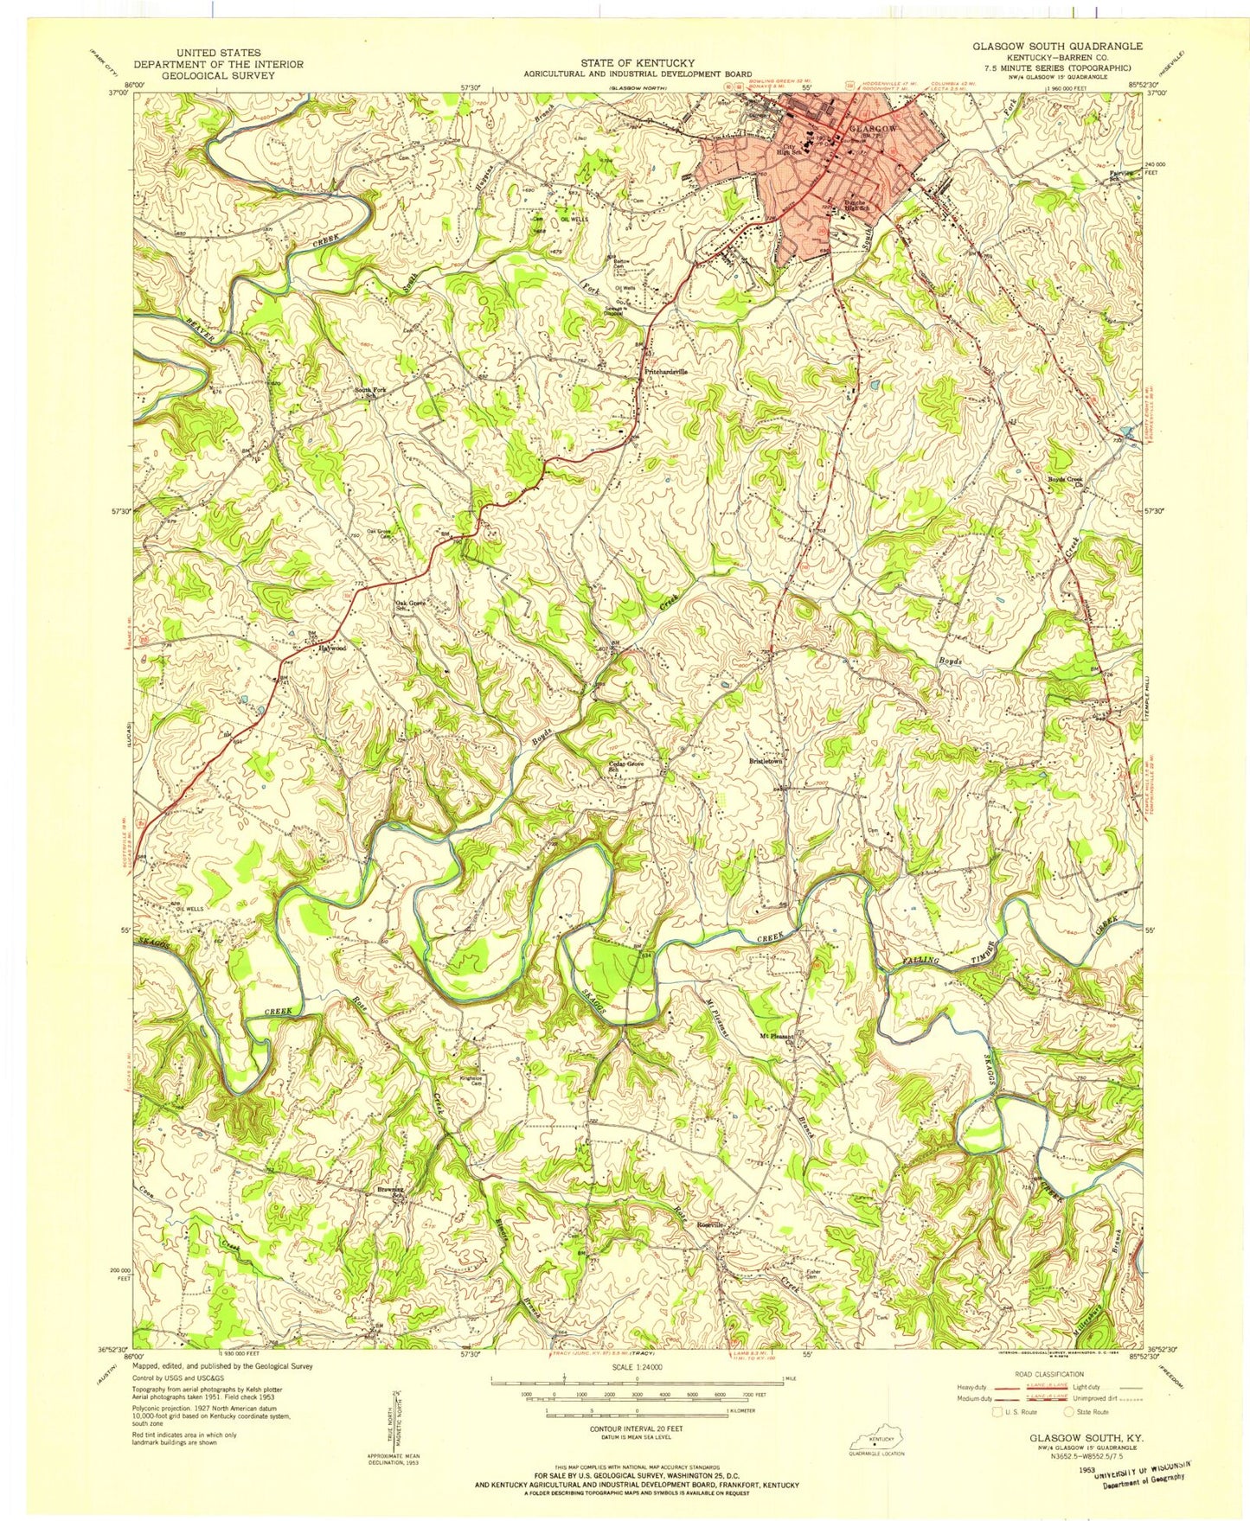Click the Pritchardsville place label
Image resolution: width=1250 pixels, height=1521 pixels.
666,371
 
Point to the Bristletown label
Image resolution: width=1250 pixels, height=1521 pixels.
766,761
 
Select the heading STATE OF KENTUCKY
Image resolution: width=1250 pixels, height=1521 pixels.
638,63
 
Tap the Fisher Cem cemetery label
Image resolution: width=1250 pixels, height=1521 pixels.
812,1275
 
